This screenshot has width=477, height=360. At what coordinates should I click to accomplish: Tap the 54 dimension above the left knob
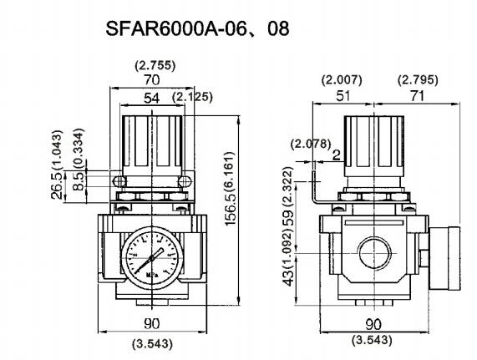click(151, 99)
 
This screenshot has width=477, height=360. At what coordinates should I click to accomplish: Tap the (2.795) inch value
click(415, 81)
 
